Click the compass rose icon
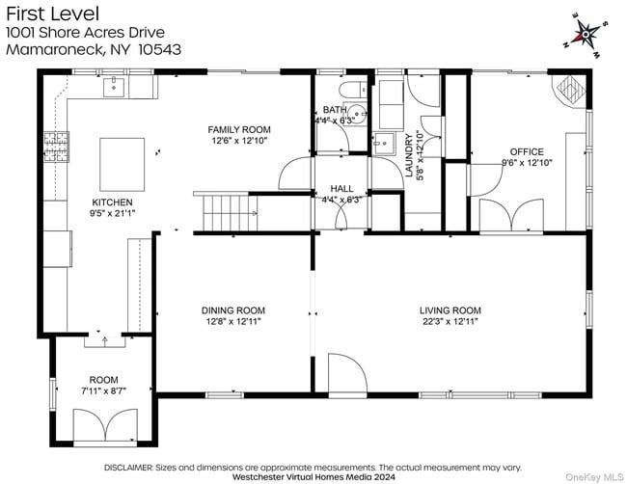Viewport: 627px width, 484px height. (x=586, y=36)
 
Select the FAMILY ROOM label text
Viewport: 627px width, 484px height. (x=239, y=129)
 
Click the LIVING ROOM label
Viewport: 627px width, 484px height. (x=450, y=309)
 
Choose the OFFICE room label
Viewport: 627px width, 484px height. (x=527, y=151)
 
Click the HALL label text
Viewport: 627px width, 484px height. (x=341, y=188)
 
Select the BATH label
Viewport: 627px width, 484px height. (x=334, y=110)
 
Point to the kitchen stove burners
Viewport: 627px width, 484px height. (x=55, y=147)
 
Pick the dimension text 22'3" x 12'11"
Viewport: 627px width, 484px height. (x=450, y=321)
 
